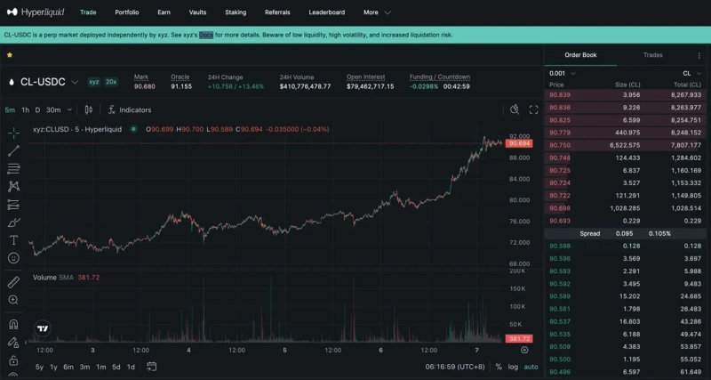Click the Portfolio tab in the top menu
127,12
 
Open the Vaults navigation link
198,12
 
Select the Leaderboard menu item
326,12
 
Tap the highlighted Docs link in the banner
206,35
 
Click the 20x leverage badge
111,81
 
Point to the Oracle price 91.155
181,86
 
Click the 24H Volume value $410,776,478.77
305,86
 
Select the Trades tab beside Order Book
652,55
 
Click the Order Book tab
580,55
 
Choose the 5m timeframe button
10,110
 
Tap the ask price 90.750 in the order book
560,144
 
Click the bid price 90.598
560,246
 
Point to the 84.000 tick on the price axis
519,178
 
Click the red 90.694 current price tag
519,143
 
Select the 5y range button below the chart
39,367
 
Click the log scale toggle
514,367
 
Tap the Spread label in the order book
589,233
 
